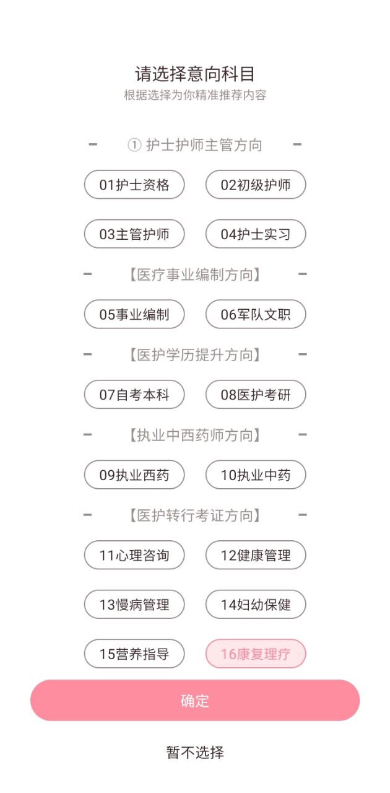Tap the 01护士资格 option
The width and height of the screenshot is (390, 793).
click(134, 185)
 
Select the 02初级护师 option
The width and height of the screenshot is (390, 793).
click(256, 185)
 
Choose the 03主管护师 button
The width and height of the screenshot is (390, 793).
click(134, 234)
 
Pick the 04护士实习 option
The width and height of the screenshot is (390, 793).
click(256, 234)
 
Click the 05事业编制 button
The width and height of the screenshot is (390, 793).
click(134, 314)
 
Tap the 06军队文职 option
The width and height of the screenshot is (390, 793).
click(256, 314)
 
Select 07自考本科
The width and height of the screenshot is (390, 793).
click(134, 395)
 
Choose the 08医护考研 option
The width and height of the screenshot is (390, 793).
click(256, 395)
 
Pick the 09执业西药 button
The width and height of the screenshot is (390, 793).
click(134, 475)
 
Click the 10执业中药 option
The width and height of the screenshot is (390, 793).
click(256, 475)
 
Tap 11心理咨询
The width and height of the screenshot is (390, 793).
click(134, 555)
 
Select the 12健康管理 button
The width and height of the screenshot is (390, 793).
click(256, 555)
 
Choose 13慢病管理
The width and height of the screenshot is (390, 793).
click(134, 605)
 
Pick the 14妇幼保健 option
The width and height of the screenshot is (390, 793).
click(256, 605)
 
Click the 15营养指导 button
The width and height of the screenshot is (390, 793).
click(134, 654)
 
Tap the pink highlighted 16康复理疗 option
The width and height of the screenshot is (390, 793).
click(256, 654)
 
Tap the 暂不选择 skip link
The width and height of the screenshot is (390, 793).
click(195, 753)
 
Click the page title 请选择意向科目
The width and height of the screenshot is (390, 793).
click(195, 74)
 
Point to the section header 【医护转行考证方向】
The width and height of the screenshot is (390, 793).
click(195, 515)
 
